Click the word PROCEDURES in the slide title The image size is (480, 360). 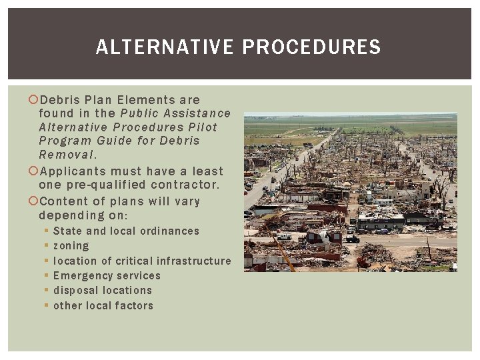[311, 47]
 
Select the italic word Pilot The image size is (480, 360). [203, 127]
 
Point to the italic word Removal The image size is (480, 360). [67, 154]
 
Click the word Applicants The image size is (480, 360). [73, 171]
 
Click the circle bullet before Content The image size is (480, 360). [33, 201]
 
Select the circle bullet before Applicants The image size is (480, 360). [33, 171]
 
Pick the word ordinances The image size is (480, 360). [167, 231]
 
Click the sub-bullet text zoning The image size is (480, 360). [71, 246]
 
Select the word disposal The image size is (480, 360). [75, 291]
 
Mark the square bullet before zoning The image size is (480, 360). [46, 246]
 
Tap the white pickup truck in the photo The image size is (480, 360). [285, 236]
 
